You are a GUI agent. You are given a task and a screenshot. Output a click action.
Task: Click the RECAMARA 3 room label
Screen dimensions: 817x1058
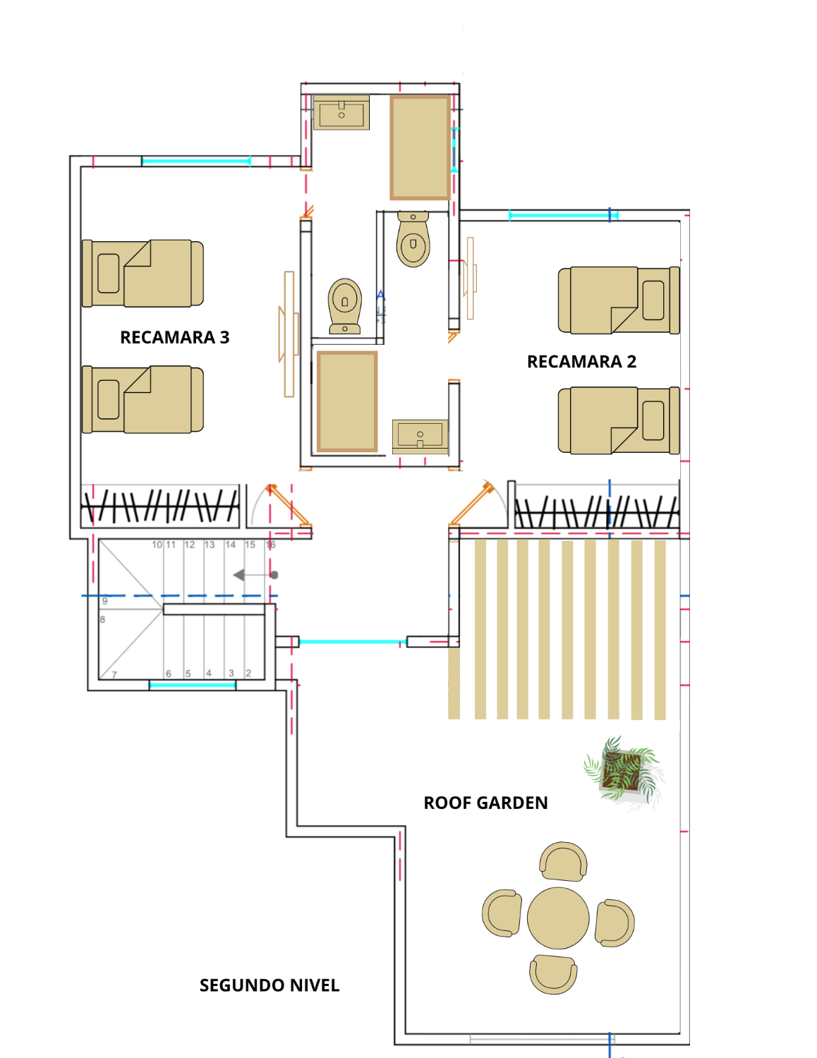coord(174,337)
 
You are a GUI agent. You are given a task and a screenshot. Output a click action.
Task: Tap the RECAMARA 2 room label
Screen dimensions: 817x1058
coord(581,362)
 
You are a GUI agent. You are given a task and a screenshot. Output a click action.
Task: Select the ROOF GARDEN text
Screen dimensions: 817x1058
coord(485,803)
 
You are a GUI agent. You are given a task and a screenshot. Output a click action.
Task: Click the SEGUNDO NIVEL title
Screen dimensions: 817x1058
coord(270,985)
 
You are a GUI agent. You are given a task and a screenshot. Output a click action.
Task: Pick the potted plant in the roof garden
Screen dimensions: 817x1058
coord(623,772)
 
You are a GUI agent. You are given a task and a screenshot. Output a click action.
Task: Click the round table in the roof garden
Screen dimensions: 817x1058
coord(558,918)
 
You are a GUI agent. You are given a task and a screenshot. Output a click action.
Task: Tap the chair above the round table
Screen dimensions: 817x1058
coord(563,862)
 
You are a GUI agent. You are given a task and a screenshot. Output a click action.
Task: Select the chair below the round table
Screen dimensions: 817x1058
coord(554,974)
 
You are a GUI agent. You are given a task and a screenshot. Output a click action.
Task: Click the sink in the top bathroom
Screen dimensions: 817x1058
coord(341,113)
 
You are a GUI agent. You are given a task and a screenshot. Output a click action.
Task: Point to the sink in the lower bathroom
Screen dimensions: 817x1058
coord(420,435)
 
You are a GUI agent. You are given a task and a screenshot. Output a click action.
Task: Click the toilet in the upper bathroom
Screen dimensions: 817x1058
coord(413,240)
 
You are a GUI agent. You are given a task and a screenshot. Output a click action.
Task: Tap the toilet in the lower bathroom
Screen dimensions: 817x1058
coord(345,305)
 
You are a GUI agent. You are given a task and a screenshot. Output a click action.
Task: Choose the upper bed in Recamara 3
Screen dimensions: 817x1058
coord(143,273)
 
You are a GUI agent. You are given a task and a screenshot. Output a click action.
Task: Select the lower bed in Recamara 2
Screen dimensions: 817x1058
coord(619,420)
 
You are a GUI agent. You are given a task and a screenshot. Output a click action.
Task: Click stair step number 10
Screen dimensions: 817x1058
coord(157,545)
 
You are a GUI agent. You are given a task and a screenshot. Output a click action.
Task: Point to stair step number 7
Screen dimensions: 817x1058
coord(114,675)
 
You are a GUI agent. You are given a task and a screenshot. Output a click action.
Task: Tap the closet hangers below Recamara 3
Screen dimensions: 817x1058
coord(160,506)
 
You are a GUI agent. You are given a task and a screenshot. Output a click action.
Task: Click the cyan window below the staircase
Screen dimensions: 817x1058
coord(192,685)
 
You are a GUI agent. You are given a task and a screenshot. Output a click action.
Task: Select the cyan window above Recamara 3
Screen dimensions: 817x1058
coord(195,162)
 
